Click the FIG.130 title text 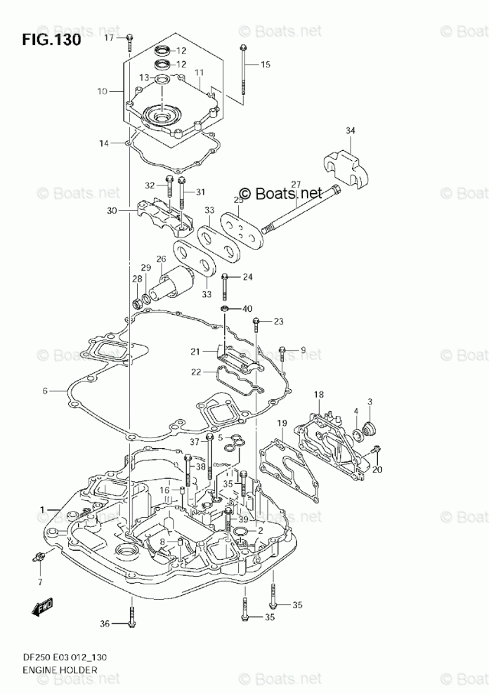tap(51, 39)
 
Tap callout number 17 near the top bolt tap(109, 38)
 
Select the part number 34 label tap(351, 130)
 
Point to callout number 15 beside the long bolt tap(265, 65)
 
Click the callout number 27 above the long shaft tap(296, 185)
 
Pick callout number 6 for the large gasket tap(44, 391)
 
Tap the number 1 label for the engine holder tap(41, 509)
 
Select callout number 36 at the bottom tap(105, 623)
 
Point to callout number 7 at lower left tap(40, 582)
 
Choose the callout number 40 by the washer tap(247, 308)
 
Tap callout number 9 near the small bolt tap(304, 350)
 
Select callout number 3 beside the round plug tap(370, 401)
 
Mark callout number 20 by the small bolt tap(377, 470)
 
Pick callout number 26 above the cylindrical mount tap(161, 259)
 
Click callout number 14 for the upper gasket tap(103, 143)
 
